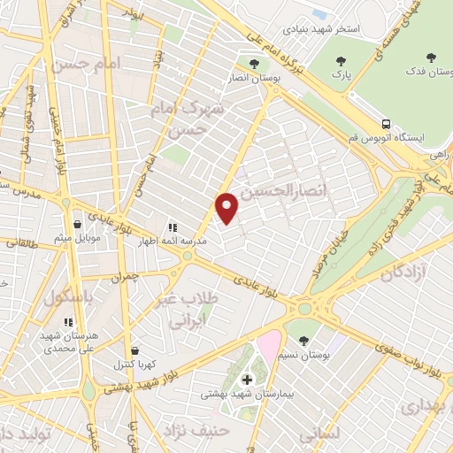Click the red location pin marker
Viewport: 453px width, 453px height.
(227, 207)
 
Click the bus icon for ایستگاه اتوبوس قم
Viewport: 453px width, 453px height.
(386, 125)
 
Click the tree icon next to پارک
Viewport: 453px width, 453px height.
(341, 61)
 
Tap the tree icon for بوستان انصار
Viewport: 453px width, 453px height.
(254, 64)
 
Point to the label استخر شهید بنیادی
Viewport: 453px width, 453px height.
(328, 29)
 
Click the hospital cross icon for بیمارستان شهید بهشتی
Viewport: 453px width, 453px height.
(246, 380)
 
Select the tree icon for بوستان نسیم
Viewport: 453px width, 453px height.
(304, 340)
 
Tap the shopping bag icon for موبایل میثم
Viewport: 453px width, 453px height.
(80, 224)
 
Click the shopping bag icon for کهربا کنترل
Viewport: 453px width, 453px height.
(130, 350)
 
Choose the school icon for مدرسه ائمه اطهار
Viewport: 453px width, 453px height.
(171, 227)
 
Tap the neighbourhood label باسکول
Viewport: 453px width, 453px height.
(65, 297)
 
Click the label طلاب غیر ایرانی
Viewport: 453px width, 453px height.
(188, 311)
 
